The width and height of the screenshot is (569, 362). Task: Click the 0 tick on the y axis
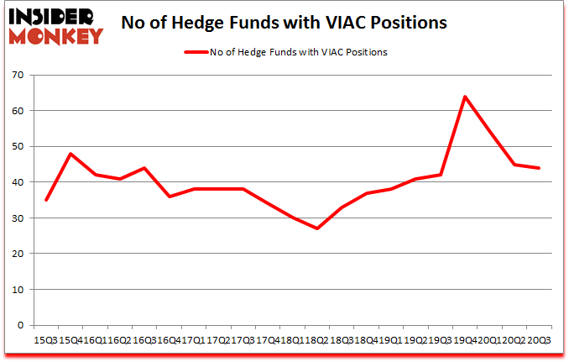(x=19, y=325)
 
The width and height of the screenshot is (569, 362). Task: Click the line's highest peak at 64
(x=464, y=97)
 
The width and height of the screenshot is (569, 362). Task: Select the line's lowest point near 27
(x=317, y=228)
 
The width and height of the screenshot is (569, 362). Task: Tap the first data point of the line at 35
(x=46, y=200)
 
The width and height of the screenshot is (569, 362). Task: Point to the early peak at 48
(x=70, y=154)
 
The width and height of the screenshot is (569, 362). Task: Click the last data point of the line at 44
(x=538, y=168)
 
